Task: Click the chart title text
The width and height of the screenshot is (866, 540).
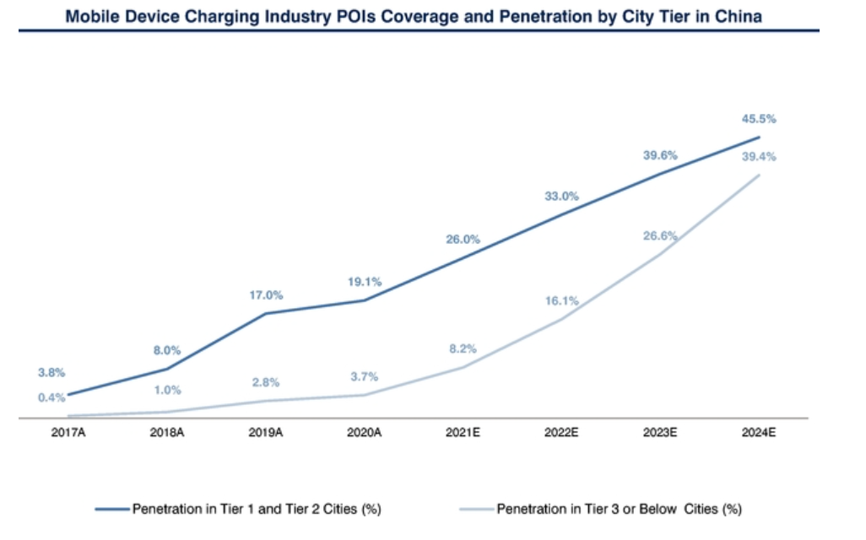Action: pos(419,16)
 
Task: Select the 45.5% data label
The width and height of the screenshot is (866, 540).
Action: pos(759,119)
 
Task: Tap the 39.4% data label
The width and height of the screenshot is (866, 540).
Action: pos(759,157)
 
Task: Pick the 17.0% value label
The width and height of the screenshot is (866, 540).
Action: pos(266,295)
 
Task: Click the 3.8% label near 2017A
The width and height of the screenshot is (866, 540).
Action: pos(51,372)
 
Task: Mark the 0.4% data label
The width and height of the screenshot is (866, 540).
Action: pos(51,397)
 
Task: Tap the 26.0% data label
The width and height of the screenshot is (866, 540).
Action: pos(463,240)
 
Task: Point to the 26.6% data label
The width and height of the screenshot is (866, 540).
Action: pos(660,236)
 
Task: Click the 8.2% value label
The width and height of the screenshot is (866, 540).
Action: pos(463,348)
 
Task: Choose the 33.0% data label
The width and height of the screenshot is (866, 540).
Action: pos(561,196)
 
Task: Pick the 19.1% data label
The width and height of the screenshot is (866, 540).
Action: pos(365,283)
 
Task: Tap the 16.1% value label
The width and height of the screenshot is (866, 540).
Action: pos(561,300)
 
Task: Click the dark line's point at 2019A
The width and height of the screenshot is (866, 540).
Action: pos(266,314)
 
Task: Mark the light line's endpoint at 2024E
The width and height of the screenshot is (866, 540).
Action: pos(760,175)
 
